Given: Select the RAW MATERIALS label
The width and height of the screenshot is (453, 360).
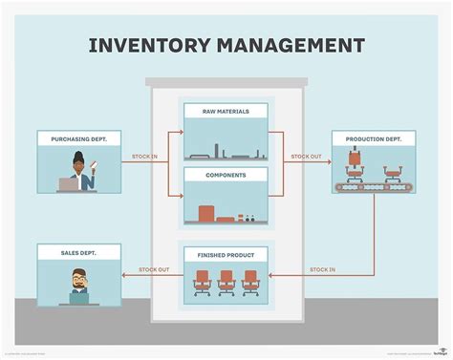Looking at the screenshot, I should tap(226, 112).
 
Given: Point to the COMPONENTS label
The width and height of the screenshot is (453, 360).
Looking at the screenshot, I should tap(226, 175).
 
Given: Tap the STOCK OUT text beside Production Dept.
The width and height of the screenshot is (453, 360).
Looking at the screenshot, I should tap(306, 156).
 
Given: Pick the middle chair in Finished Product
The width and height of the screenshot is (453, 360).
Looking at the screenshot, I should tap(226, 281).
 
